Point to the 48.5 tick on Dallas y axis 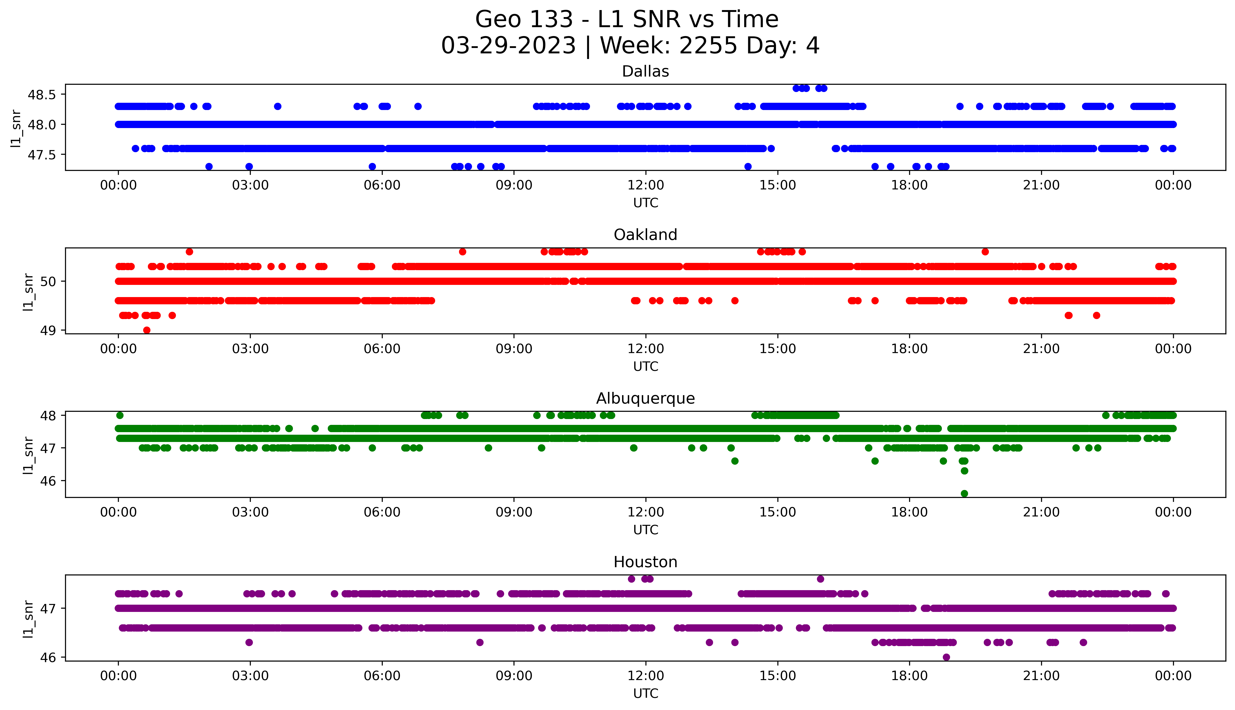[x=42, y=95]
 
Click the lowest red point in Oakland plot [x=147, y=330]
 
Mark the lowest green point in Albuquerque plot [x=964, y=493]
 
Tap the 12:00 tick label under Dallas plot [x=645, y=185]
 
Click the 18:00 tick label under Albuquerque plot [x=909, y=512]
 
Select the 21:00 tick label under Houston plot [x=1041, y=676]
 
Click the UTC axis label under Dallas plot [x=645, y=203]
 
